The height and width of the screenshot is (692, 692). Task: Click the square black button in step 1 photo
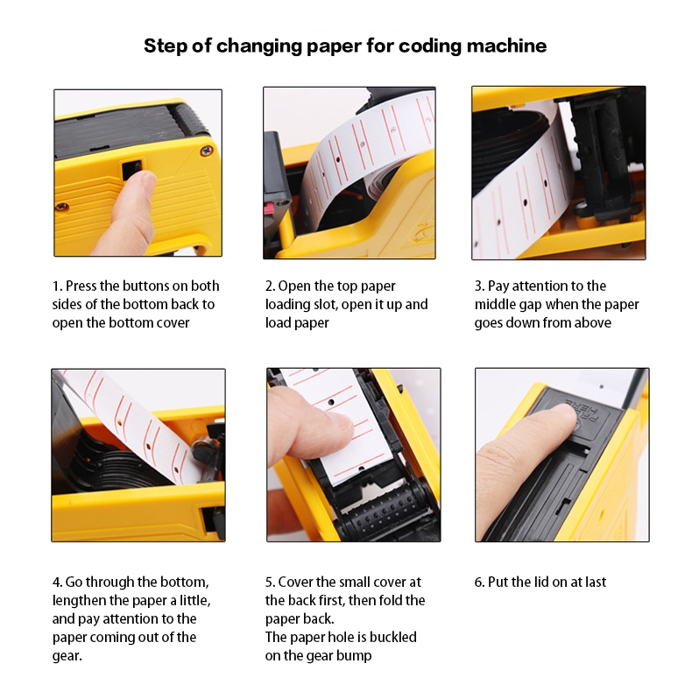click(x=131, y=169)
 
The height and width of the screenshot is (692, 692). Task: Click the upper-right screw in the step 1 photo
click(x=206, y=152)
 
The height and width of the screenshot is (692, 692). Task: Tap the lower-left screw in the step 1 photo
click(x=61, y=206)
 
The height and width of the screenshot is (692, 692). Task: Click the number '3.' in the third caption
click(x=480, y=286)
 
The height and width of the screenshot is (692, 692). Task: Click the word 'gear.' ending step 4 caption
click(x=67, y=657)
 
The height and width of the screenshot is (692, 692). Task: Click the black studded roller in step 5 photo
click(x=383, y=511)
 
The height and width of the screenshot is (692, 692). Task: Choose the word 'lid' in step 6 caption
click(x=542, y=583)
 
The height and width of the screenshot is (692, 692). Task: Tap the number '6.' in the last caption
click(x=480, y=583)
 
